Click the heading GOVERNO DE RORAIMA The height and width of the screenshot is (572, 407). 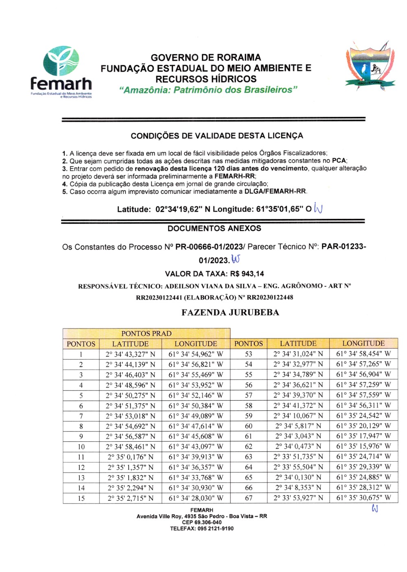(206, 57)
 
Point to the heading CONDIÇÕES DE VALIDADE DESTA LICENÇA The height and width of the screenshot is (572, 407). (217, 136)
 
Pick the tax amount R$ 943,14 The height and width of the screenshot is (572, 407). (247, 274)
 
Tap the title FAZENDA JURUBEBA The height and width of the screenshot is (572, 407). (230, 313)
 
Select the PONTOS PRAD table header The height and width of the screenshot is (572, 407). (147, 333)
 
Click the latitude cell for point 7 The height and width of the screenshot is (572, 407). (130, 416)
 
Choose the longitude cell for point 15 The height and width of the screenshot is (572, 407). (196, 498)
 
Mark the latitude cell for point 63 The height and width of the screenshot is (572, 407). (298, 457)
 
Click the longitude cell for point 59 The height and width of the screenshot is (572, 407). (363, 416)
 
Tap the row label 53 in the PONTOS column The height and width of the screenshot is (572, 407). (249, 354)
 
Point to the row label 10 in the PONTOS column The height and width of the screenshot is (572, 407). (81, 447)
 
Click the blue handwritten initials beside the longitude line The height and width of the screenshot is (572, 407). (318, 208)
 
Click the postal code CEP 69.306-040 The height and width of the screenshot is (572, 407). (202, 522)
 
